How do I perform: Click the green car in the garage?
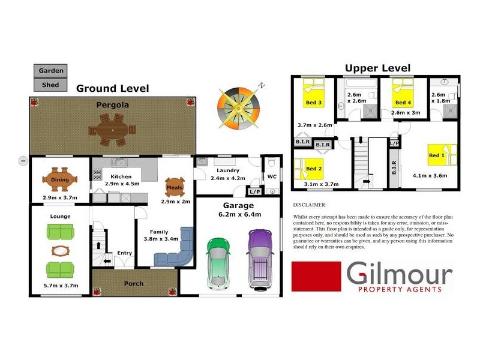pos(218,264)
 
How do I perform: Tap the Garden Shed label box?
pos(50,78)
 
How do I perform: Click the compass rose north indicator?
pos(261,85)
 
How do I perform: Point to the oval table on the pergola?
pos(112,130)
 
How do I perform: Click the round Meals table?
pos(175,187)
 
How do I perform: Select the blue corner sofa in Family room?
pos(174,247)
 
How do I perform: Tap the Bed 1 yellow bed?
pos(442,155)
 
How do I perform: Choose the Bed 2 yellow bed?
pos(308,169)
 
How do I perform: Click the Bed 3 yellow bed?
pos(314,92)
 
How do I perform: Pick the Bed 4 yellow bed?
pos(403,93)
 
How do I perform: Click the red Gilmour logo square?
pos(316,277)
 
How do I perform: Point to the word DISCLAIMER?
pos(310,205)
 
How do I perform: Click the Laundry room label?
pos(228,170)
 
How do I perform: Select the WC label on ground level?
pos(272,176)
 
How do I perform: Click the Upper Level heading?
pos(378,68)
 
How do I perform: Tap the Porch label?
pos(134,284)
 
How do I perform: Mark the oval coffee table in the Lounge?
pos(61,251)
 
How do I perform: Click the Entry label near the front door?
pos(125,253)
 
